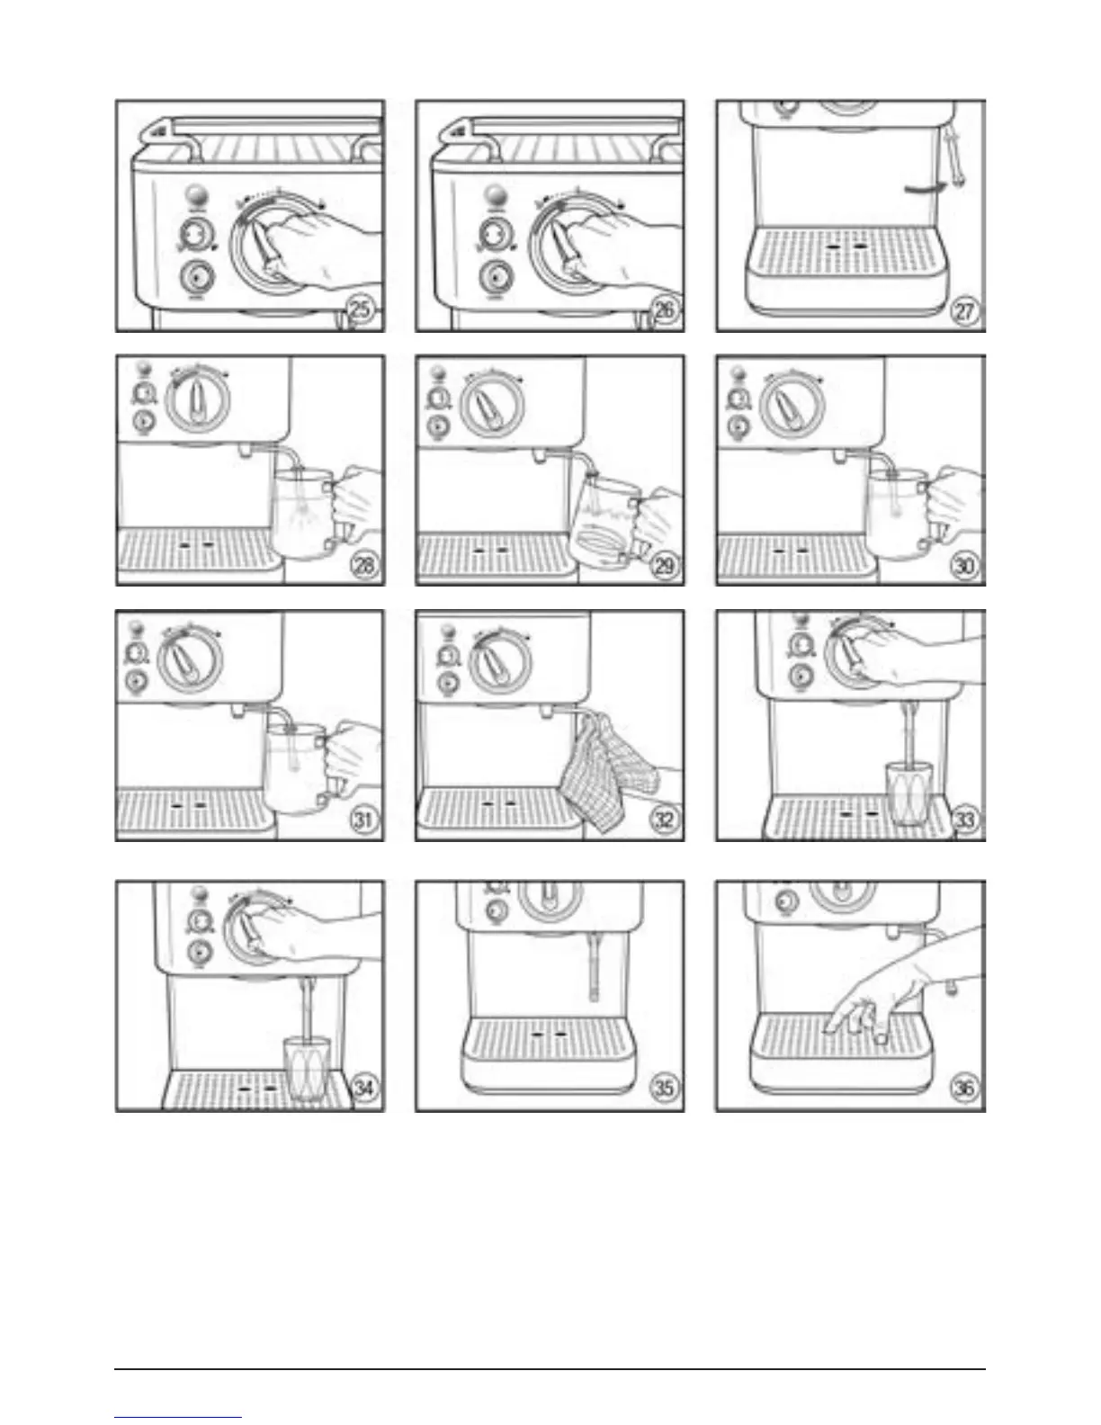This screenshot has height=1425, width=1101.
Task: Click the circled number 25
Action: [x=360, y=311]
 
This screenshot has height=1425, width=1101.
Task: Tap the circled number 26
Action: [x=663, y=311]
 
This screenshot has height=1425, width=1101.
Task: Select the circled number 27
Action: [x=963, y=314]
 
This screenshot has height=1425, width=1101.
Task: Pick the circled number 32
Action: [x=664, y=820]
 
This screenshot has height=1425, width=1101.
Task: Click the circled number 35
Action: [x=663, y=1089]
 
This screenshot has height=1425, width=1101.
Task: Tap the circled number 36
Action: [x=963, y=1089]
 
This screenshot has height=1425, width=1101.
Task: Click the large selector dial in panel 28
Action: [x=201, y=399]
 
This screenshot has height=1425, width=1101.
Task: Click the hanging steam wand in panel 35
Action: [x=594, y=966]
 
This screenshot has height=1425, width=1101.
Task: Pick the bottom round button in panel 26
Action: [x=494, y=276]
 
